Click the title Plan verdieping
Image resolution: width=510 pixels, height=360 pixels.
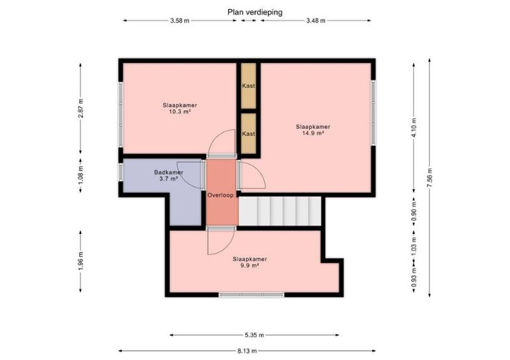pos(255,12)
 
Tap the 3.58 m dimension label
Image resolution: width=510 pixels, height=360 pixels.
pos(179,21)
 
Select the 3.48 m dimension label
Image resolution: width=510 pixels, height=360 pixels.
pos(315,21)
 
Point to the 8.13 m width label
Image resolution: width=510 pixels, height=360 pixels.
pos(247,351)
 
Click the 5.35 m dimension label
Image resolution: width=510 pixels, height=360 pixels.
pos(254,335)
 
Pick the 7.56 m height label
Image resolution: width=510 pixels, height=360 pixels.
pos(430,177)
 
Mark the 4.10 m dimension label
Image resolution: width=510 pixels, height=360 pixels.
pos(414,127)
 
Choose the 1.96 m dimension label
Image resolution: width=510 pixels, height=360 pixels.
pos(81,260)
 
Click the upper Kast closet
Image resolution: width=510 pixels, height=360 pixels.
pos(249,86)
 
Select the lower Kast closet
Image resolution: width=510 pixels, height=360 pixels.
pos(249,134)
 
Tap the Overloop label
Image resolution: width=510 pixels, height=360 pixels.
pos(220,195)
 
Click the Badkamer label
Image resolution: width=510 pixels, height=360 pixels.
pos(168,172)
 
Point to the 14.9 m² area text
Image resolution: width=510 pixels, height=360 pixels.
pos(313,133)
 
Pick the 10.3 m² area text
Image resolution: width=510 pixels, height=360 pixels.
pos(179,111)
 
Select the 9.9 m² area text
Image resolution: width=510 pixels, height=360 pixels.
pos(249,265)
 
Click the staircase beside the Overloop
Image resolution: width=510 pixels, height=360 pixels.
pos(280,211)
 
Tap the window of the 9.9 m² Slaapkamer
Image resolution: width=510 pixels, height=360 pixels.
pos(252,295)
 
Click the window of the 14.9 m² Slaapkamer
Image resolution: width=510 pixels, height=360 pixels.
pos(373,113)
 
